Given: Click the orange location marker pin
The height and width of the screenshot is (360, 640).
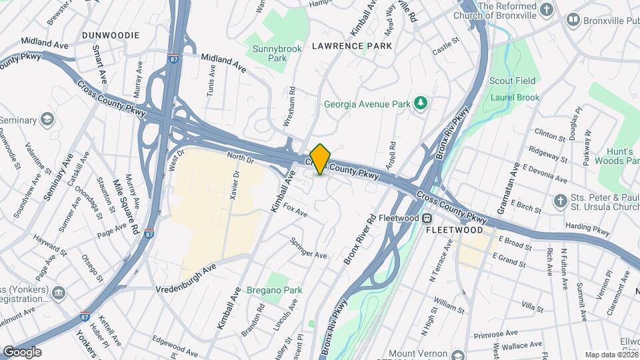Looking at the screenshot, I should click(321, 159).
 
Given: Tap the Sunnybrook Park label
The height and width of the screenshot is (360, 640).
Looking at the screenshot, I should click(269, 53).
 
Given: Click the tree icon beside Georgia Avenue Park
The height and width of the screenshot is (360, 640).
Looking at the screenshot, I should click(421, 103).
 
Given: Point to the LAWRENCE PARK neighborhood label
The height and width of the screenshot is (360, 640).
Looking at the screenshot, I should click(352, 46).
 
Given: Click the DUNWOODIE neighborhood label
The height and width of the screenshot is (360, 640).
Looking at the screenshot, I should click(111, 35).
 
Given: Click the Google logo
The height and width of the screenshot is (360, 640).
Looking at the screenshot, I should click(22, 351).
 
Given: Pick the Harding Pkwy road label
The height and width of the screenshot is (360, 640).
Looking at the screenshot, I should click(587, 229).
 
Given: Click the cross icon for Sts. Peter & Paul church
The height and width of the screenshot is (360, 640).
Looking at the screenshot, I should click(561, 201).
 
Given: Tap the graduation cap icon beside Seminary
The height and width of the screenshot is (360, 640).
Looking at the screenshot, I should click(47, 119).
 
